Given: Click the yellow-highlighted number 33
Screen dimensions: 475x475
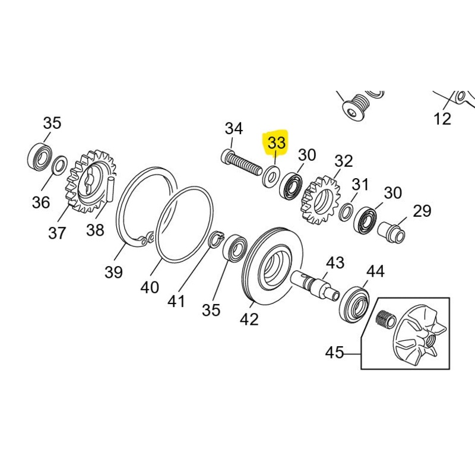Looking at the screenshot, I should coord(277,143).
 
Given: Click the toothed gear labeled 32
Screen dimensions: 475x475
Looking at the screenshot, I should coord(319,198).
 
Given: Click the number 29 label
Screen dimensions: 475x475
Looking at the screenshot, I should coord(422,211).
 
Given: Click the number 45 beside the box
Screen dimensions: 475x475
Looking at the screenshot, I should coord(335,353).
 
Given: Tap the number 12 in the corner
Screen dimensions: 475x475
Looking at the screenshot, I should coord(442,119).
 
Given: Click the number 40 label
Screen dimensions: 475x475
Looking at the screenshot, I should coord(150,287).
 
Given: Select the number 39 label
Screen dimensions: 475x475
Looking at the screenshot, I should coord(113,273).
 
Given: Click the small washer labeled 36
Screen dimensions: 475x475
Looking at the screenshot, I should coord(59,165).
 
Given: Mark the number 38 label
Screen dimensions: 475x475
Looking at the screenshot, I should coord(95,230).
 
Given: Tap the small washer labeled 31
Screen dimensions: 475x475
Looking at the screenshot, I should coord(346,212).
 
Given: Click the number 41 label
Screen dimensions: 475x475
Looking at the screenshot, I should coord(175,301).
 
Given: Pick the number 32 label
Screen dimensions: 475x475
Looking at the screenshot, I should coord(343,161).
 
